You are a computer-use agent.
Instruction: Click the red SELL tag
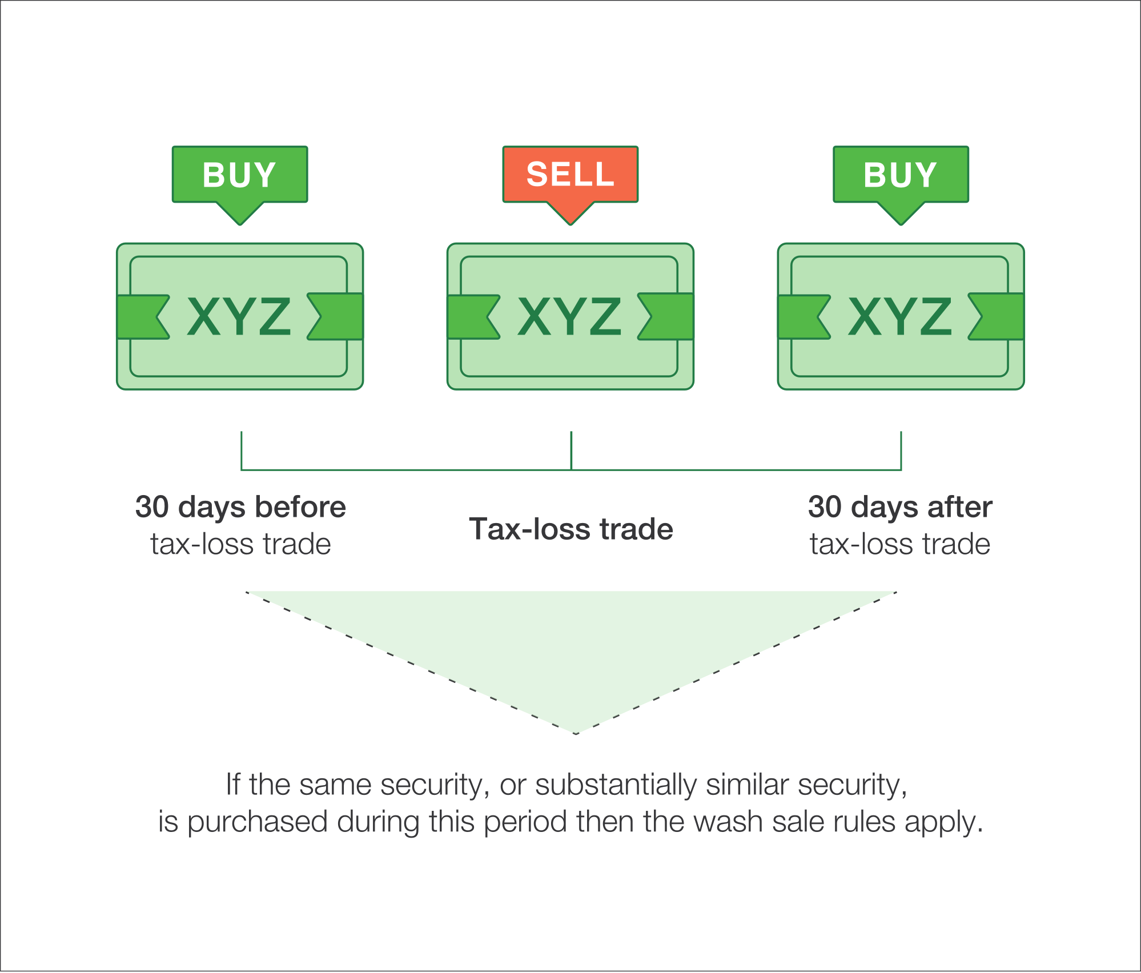[570, 174]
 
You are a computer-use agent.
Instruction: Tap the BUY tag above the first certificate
[240, 174]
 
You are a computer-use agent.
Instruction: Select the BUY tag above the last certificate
[901, 174]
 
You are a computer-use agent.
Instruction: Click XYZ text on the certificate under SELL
[569, 316]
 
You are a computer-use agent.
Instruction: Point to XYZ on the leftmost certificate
[239, 316]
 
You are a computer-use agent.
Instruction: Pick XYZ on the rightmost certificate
[900, 316]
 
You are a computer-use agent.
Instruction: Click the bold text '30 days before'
[240, 507]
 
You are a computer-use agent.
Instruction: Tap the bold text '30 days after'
[901, 507]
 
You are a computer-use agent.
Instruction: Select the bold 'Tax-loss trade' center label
[571, 529]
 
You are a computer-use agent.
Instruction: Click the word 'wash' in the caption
[728, 822]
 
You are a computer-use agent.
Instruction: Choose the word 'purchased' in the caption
[258, 822]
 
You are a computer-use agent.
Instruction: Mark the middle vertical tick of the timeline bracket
[571, 450]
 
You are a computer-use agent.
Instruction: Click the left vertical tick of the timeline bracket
[242, 450]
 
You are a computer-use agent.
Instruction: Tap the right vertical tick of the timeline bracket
[901, 450]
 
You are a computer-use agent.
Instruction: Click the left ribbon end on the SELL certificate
[472, 317]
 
